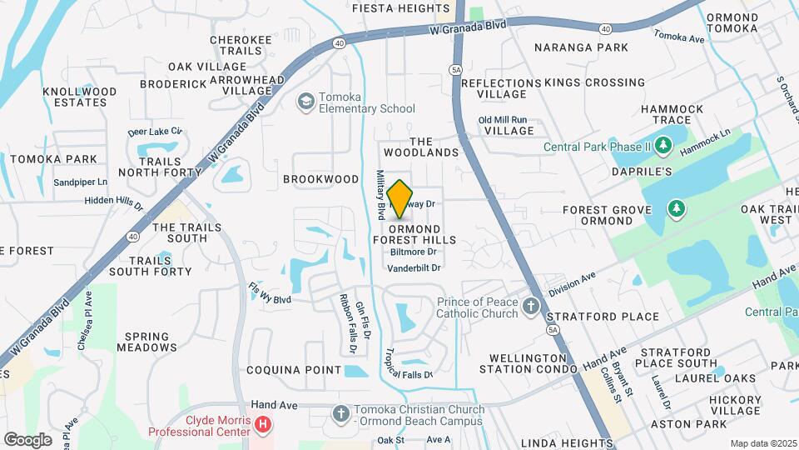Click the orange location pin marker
point(400,199)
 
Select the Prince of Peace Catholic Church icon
point(531,308)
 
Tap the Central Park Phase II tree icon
point(663,147)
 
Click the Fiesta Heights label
point(400,8)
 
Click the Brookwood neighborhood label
point(320,179)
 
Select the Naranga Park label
point(581,47)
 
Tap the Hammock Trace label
point(672,115)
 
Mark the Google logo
point(27,439)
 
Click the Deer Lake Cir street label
point(155,132)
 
